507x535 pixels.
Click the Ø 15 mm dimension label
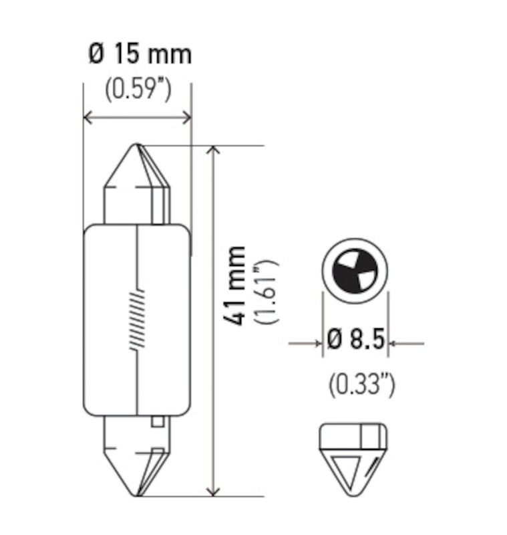[x=140, y=53]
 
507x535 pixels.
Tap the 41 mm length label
[x=236, y=286]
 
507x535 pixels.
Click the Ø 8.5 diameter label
[x=356, y=342]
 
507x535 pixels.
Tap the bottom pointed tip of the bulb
[x=138, y=495]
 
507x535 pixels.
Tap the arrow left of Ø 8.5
[x=317, y=344]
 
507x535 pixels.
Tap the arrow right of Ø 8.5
[x=395, y=344]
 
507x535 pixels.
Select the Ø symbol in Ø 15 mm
[x=96, y=53]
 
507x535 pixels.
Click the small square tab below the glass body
[x=158, y=421]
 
